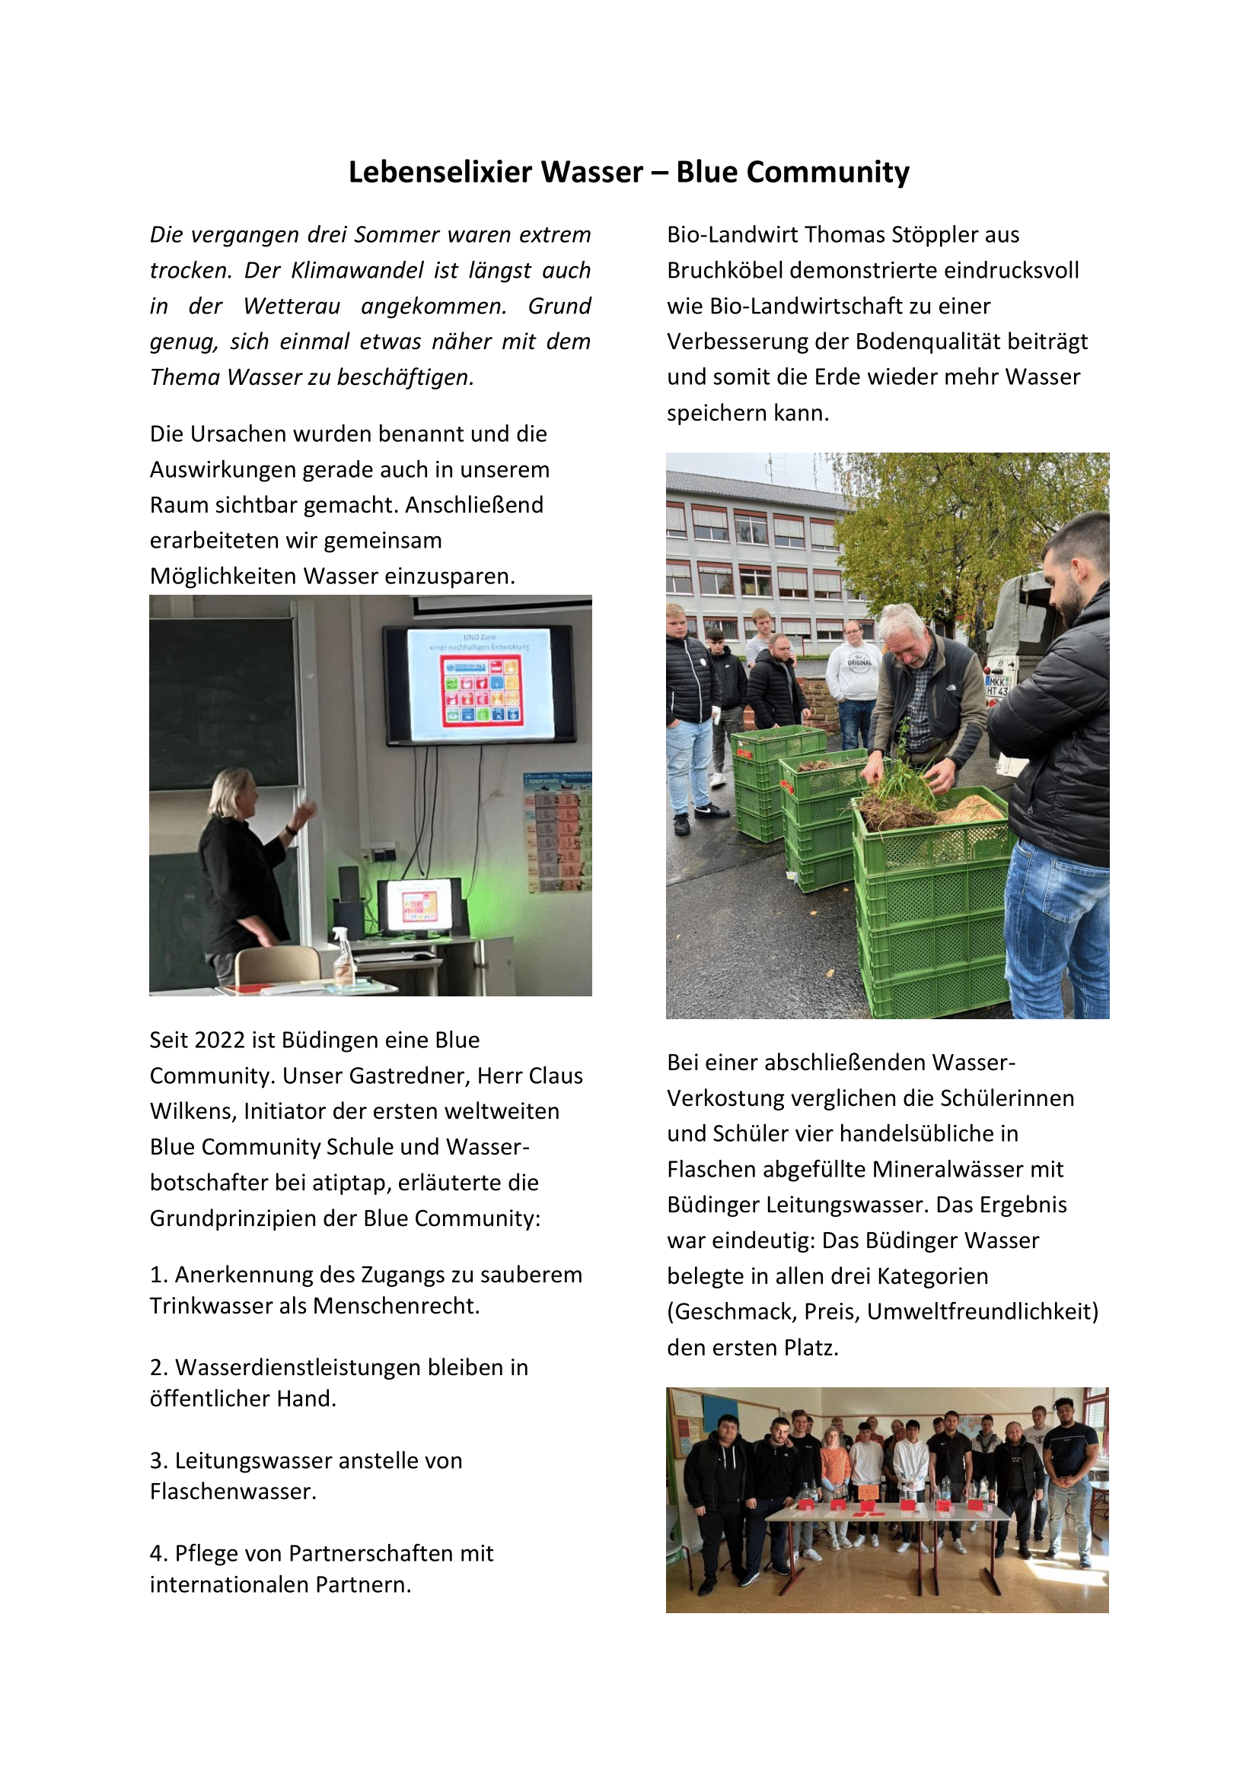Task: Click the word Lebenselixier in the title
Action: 496,172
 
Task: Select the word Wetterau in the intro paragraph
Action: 292,306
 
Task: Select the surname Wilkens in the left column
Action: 193,1111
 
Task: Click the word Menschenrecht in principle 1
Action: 396,1306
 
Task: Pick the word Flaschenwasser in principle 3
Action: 233,1491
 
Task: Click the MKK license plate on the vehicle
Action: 997,686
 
